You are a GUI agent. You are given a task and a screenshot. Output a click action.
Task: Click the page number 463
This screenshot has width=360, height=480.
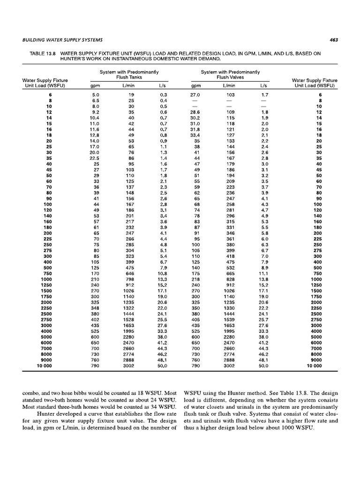click(334, 40)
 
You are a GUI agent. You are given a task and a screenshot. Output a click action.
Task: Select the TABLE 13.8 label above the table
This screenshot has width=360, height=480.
click(40, 53)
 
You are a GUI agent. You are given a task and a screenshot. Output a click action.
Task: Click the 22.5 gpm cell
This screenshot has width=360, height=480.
click(95, 158)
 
